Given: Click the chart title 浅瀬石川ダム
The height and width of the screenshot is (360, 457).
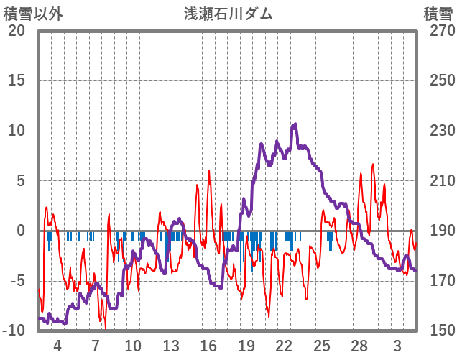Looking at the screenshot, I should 228,14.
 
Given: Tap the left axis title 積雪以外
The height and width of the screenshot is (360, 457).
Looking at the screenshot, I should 33,14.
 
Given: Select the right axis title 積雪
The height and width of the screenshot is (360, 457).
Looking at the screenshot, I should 437,14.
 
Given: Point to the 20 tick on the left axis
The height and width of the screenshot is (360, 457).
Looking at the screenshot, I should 17,31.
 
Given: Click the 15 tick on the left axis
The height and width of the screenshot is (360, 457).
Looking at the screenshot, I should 17,80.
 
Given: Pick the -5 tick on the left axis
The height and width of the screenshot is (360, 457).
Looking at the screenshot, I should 17,280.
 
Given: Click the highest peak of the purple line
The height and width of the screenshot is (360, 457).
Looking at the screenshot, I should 295,125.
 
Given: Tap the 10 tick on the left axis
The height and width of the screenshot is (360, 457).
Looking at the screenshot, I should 17,131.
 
